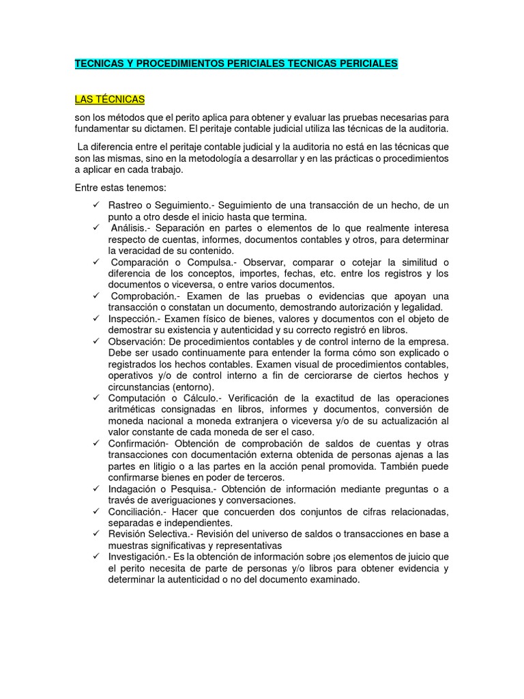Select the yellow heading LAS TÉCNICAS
[x=110, y=100]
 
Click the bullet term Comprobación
[x=144, y=296]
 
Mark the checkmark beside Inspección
[x=96, y=319]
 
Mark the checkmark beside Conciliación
[x=96, y=512]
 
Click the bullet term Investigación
[x=138, y=556]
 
